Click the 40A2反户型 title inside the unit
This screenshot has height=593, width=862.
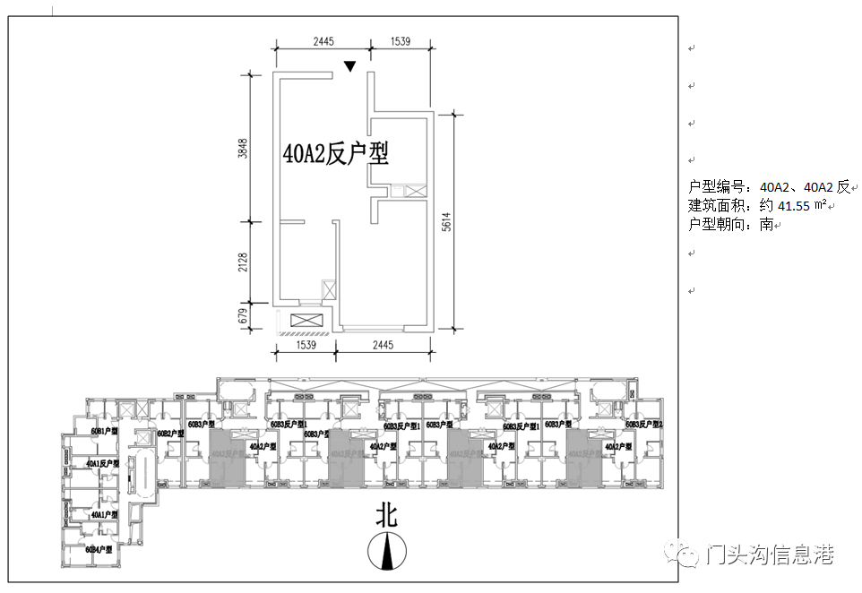pos(335,154)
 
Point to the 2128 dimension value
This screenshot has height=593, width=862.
pos(242,262)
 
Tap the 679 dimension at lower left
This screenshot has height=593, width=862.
pos(242,316)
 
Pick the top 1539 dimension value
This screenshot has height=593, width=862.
pos(401,41)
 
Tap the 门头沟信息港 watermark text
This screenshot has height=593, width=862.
pos(769,555)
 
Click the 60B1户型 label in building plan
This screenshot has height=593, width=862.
pos(105,432)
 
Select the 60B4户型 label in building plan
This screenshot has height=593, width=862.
pos(99,549)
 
